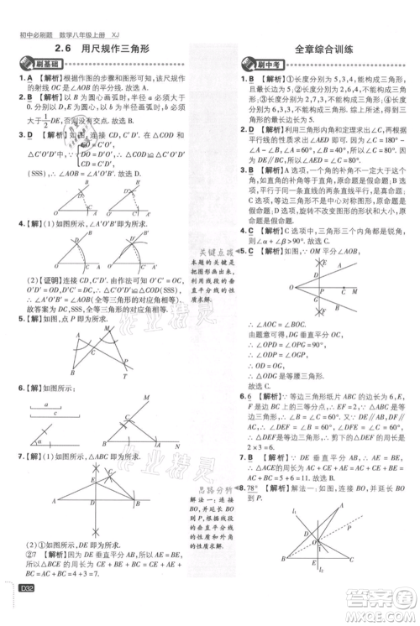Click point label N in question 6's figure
coord(177,445)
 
